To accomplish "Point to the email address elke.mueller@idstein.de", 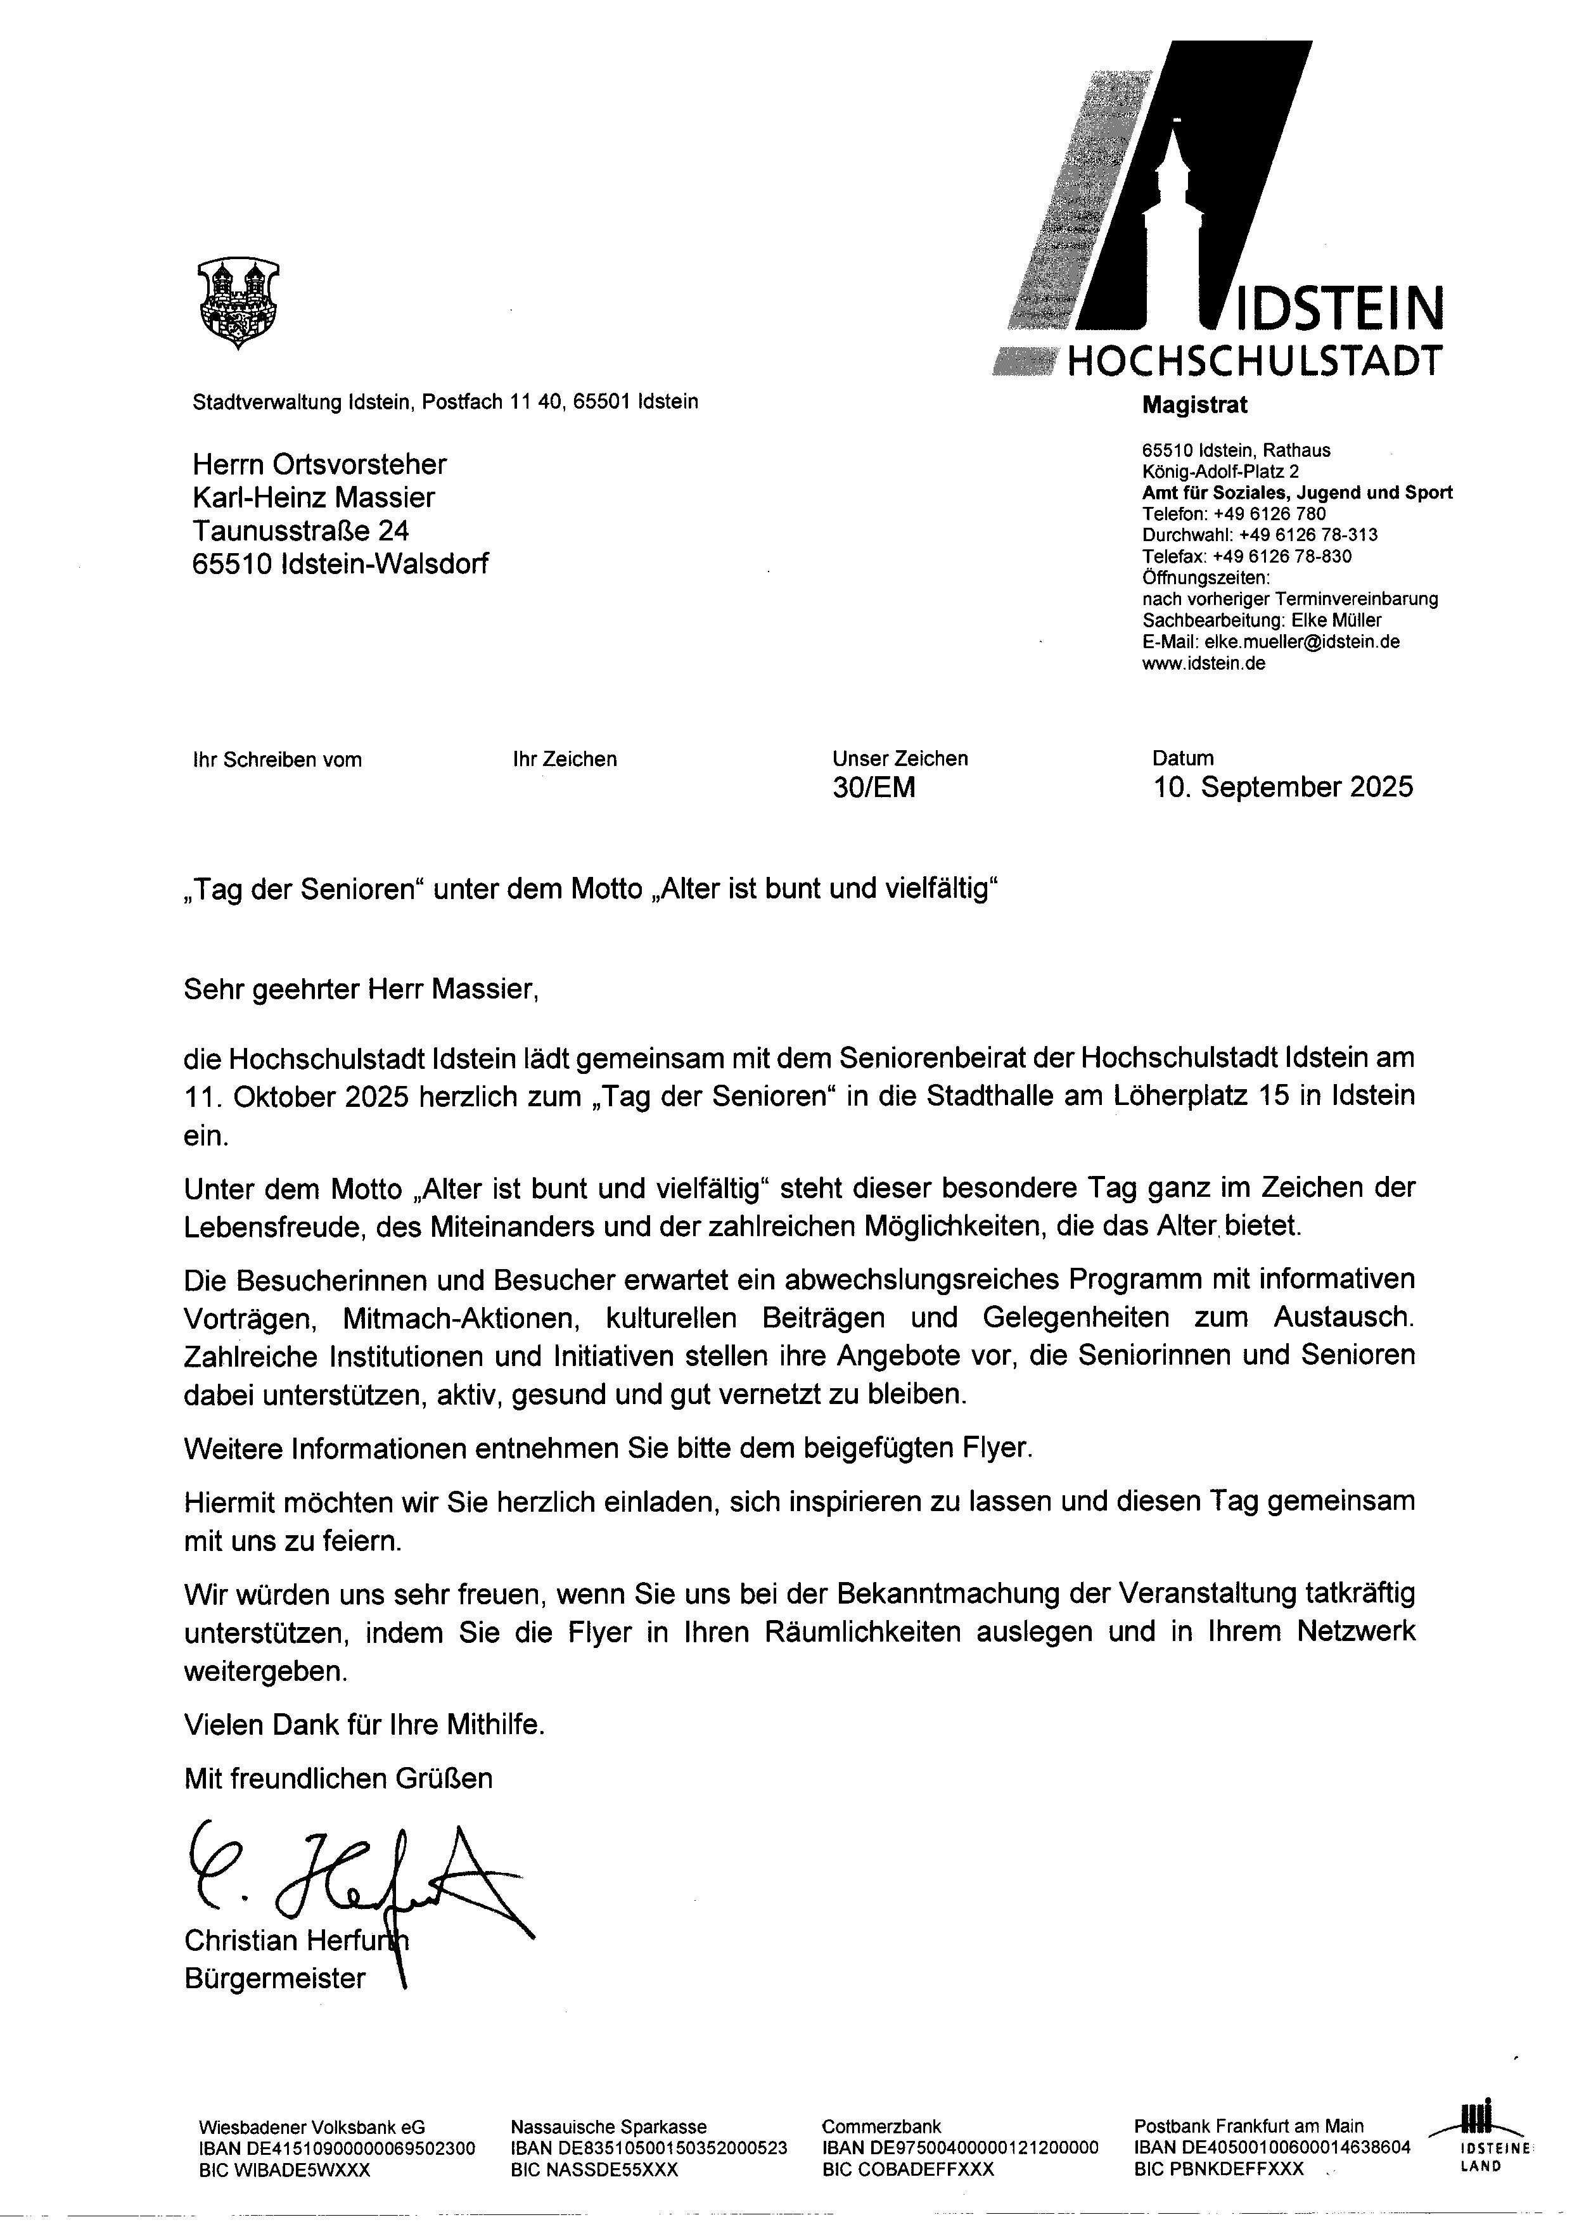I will (1301, 642).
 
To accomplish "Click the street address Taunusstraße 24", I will (300, 530).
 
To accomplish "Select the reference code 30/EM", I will (873, 788).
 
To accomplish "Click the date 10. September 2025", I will (1282, 787).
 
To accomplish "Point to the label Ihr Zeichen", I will (565, 760).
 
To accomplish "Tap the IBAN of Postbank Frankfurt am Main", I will (1272, 2147).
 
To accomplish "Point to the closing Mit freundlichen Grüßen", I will (338, 1778).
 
